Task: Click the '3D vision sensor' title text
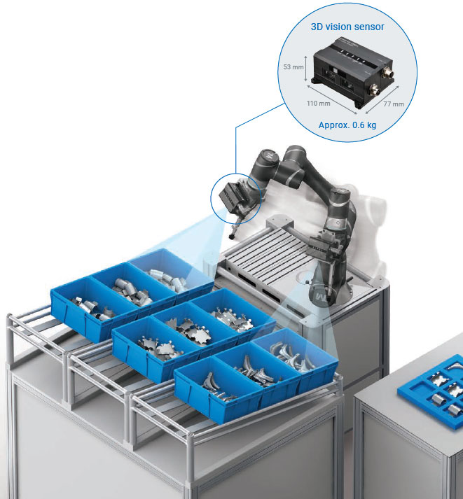(x=347, y=27)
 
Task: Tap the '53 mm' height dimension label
(x=293, y=66)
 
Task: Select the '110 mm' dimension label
(x=319, y=103)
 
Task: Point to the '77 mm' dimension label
(x=394, y=104)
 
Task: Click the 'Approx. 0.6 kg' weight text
(x=347, y=125)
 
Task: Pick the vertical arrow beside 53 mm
(x=305, y=69)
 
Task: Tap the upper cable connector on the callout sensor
(x=387, y=73)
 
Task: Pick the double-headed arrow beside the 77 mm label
(x=382, y=99)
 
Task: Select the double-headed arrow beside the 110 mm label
(x=332, y=99)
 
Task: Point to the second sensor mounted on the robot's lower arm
(x=322, y=244)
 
